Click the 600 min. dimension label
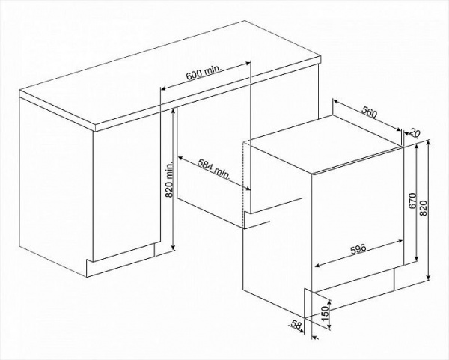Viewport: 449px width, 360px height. [204, 73]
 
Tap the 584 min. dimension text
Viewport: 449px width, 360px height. [214, 169]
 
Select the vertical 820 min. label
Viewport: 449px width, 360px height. [170, 180]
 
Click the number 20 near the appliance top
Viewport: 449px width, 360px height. [414, 132]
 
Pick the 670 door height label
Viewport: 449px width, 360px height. [412, 201]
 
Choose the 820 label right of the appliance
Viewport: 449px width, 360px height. [424, 208]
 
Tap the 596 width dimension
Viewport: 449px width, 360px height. [358, 248]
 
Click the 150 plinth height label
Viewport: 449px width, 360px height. [324, 314]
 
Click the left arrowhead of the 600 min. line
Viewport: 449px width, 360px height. [163, 88]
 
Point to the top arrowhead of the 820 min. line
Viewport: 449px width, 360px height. [173, 112]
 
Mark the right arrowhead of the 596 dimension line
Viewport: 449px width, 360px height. [400, 242]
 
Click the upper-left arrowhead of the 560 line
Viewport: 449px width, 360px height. [335, 101]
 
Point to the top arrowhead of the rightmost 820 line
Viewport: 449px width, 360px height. [428, 144]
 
